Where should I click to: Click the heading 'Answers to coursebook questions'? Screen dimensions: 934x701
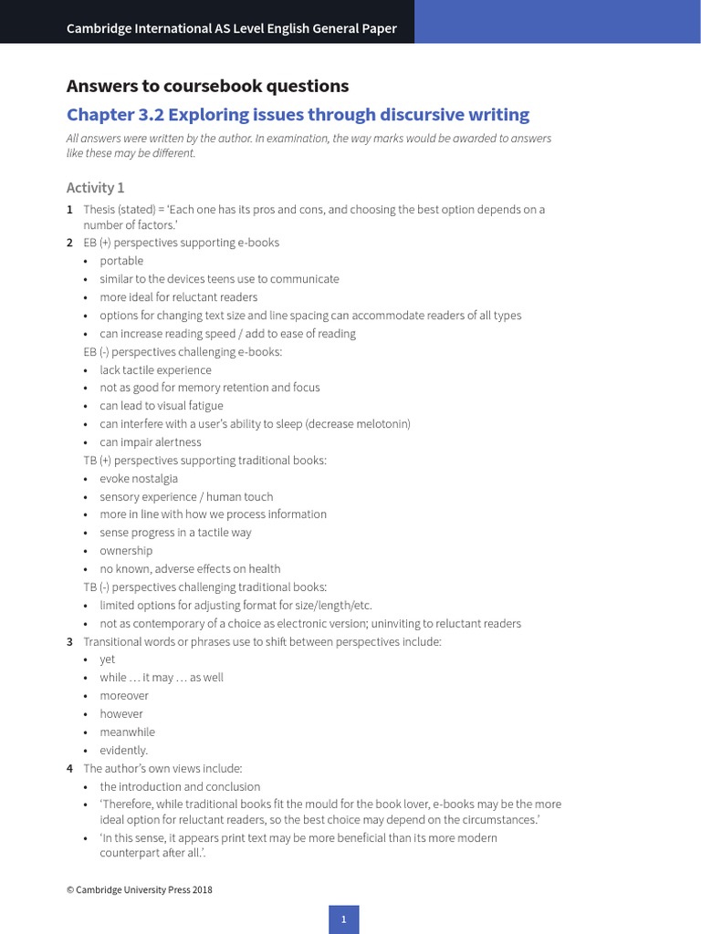(x=207, y=87)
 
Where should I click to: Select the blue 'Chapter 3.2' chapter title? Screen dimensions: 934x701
(x=298, y=115)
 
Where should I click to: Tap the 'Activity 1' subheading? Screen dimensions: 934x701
(x=95, y=188)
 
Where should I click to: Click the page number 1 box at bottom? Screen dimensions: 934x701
(x=344, y=919)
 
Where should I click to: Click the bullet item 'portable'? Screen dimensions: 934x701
(x=121, y=261)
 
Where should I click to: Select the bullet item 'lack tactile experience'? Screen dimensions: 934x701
(x=155, y=370)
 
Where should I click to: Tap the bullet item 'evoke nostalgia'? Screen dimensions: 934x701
(x=139, y=479)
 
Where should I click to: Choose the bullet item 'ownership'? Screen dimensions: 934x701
(x=126, y=551)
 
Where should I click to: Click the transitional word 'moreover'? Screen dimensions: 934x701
(x=124, y=696)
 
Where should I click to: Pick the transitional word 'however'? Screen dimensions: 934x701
(x=121, y=714)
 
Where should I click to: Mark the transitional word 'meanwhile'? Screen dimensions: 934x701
(x=127, y=732)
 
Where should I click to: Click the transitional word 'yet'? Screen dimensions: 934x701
(x=108, y=659)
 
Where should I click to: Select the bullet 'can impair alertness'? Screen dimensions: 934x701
(x=151, y=442)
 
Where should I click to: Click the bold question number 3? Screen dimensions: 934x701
(x=70, y=642)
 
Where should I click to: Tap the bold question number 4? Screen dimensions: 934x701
(x=70, y=769)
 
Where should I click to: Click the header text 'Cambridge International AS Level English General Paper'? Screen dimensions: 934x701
(x=232, y=28)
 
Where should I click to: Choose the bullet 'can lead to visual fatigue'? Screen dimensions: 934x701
(x=162, y=406)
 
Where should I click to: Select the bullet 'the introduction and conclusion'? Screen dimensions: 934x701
(x=180, y=787)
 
